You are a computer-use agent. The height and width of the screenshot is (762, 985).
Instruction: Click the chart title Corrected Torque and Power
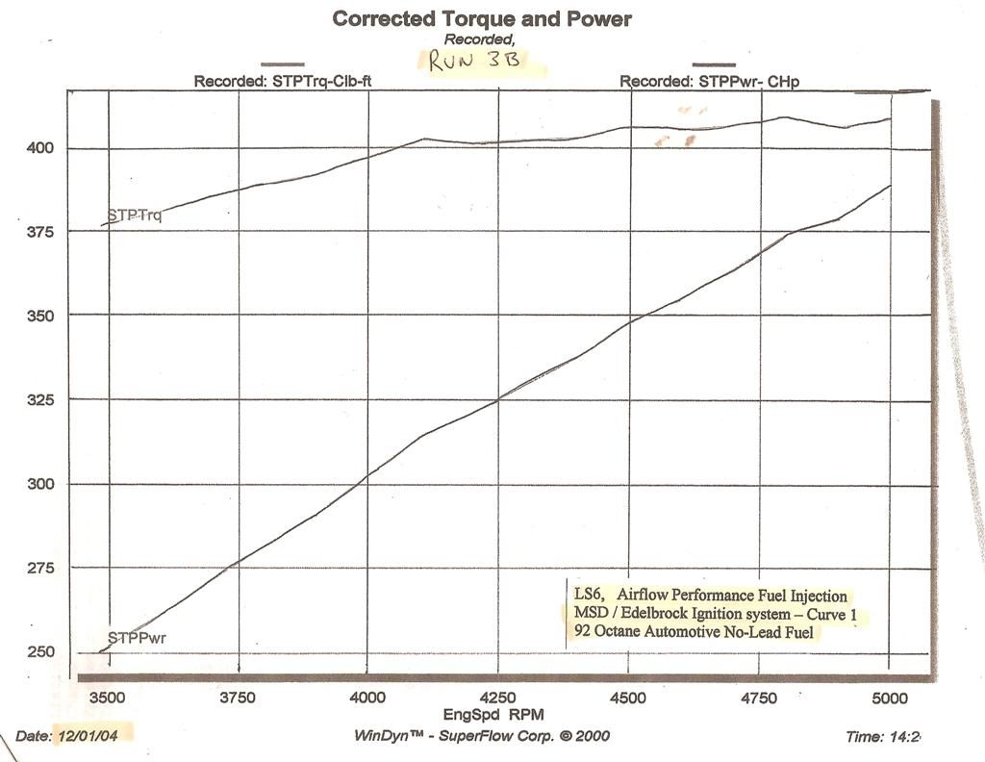[x=481, y=18]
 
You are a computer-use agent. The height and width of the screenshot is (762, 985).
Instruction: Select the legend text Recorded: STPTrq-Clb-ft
[x=283, y=82]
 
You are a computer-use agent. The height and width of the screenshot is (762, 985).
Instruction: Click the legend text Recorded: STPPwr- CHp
[x=709, y=83]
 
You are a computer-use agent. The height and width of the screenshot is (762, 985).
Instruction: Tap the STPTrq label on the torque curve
[x=135, y=216]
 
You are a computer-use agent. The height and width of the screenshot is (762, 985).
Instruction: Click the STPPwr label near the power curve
[x=135, y=637]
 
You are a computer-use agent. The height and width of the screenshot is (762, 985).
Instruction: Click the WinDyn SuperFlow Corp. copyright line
[x=481, y=735]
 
